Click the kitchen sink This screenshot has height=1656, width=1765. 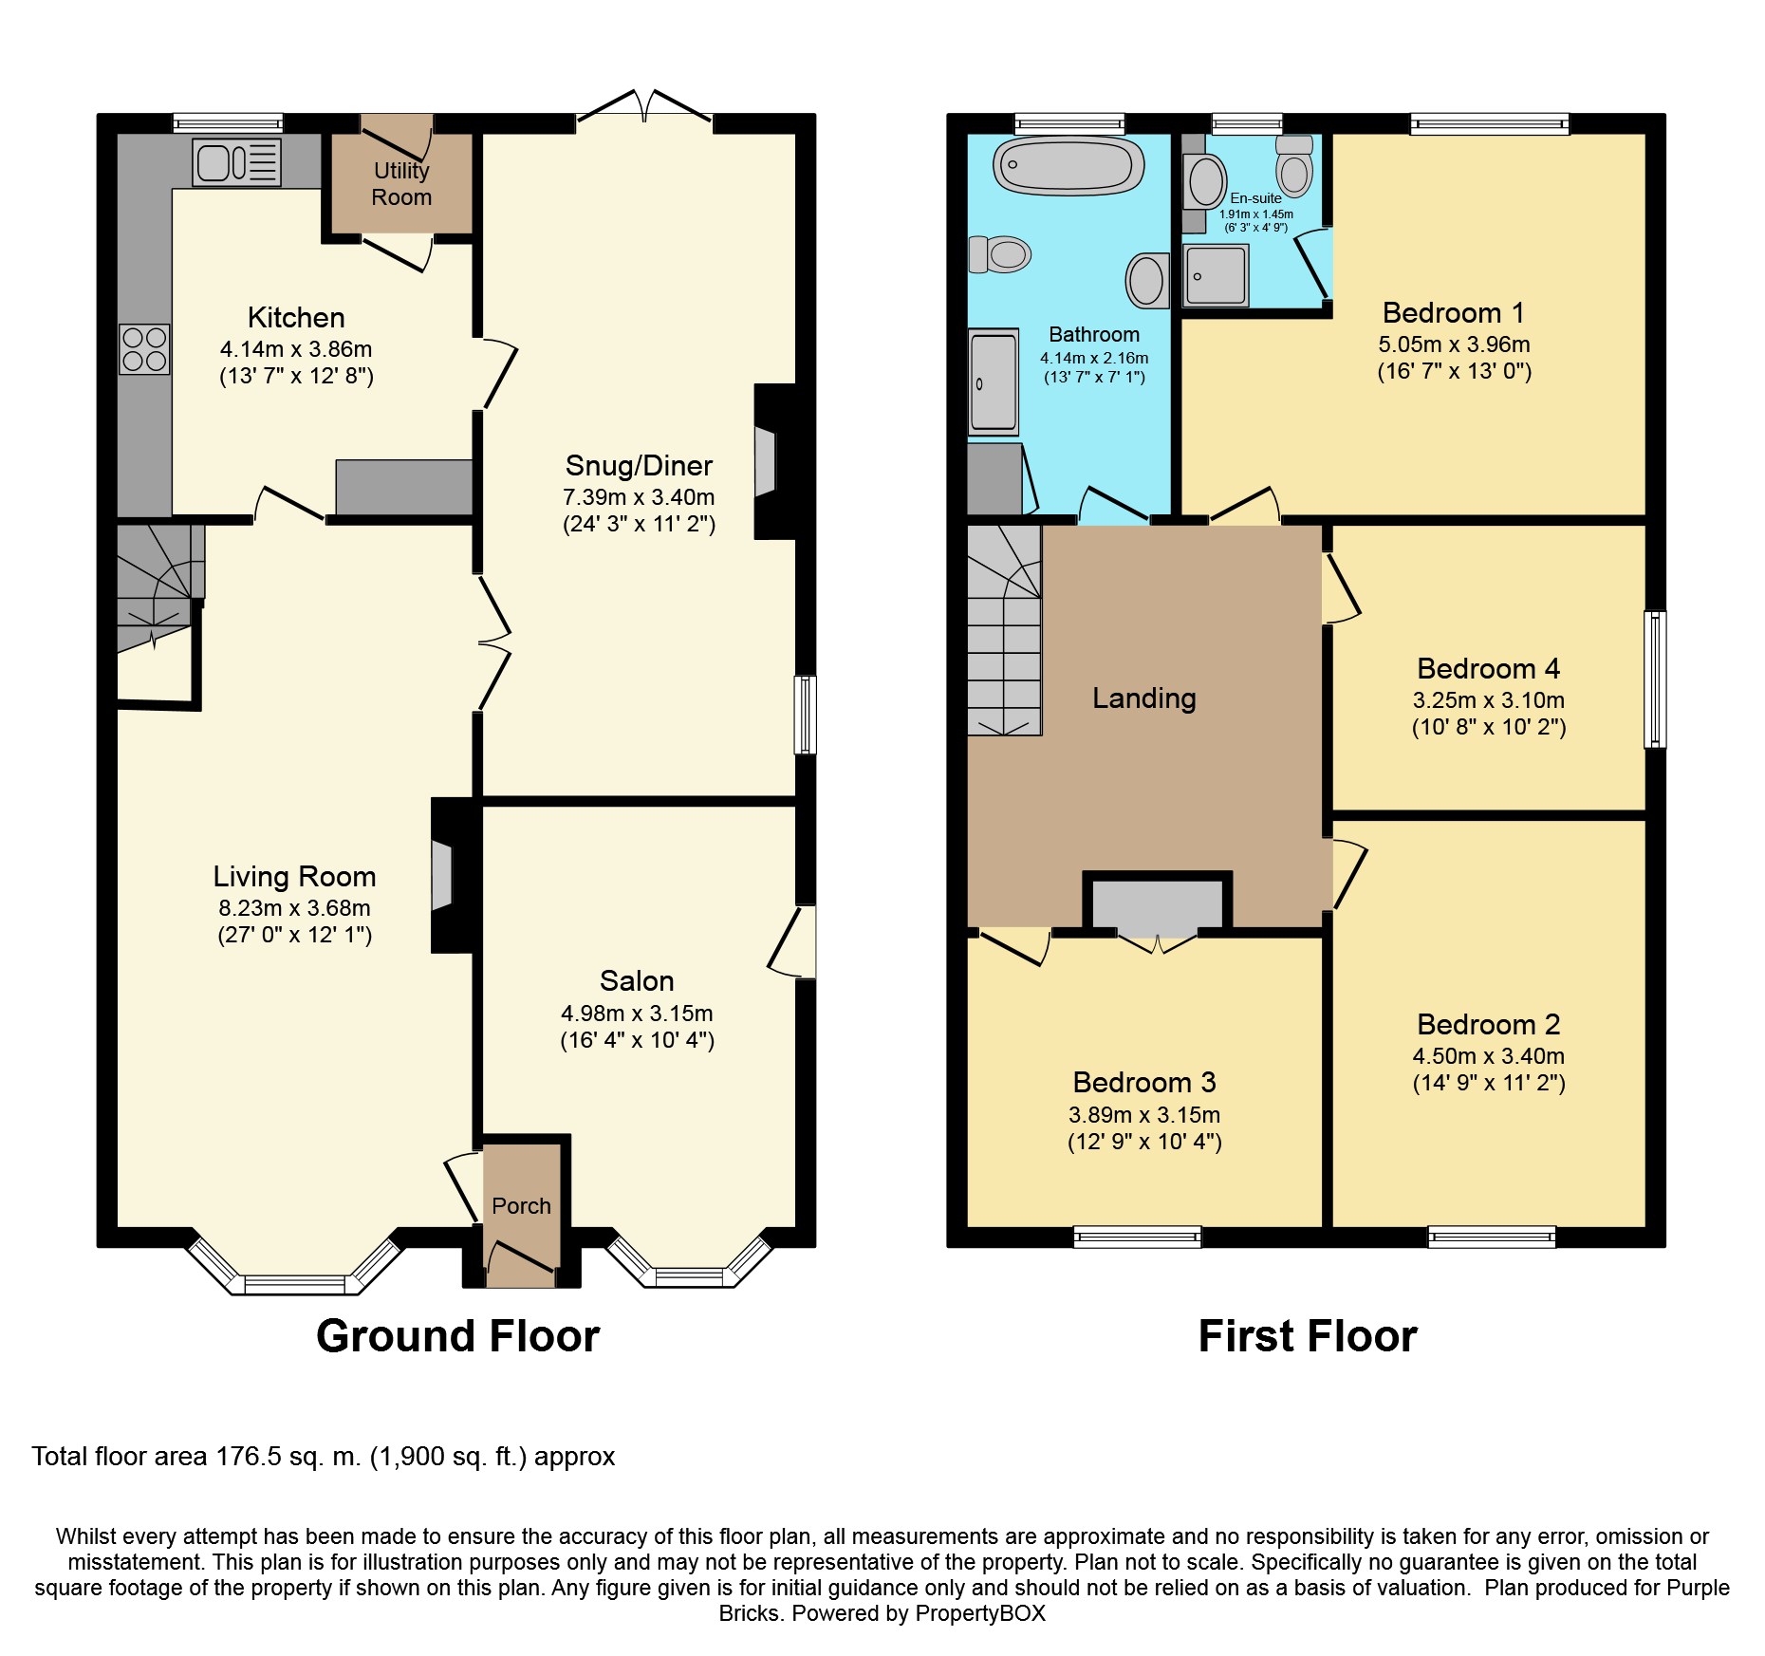coord(237,162)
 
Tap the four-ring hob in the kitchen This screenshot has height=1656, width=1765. coord(144,349)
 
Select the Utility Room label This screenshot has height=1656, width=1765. coord(401,184)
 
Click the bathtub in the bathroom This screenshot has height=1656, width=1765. coord(1068,167)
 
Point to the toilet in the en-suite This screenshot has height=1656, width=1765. coord(1294,165)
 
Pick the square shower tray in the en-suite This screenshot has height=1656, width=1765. coord(1216,275)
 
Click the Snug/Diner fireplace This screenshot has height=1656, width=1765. coord(773,462)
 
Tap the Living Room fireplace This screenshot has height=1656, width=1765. coord(452,875)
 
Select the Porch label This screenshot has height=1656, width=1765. coord(521,1206)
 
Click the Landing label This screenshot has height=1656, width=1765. coord(1143,698)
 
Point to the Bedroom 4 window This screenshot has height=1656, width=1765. coord(1655,679)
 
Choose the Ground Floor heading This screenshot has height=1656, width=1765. coord(457,1336)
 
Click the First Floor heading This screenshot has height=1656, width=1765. coord(1308,1336)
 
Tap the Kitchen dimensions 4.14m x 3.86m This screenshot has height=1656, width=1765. coord(296,349)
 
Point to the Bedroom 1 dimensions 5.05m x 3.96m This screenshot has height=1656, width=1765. coord(1454,344)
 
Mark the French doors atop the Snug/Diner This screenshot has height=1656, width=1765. coord(644,106)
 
